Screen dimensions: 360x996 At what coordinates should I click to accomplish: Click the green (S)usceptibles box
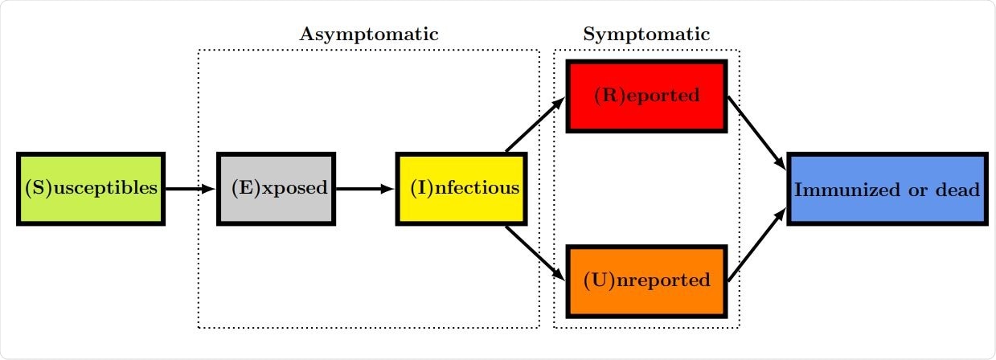[x=90, y=189]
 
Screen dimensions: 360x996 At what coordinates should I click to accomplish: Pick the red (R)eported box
[x=647, y=96]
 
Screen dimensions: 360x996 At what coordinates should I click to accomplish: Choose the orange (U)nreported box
[x=647, y=280]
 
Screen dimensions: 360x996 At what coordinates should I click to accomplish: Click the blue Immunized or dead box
[x=887, y=189]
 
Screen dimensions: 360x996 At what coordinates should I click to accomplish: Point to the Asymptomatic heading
[x=369, y=35]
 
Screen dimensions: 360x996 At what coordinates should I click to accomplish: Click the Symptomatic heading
[x=646, y=35]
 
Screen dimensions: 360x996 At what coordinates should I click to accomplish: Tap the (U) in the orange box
[x=598, y=281]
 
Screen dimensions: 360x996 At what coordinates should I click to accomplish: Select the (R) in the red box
[x=608, y=96]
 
